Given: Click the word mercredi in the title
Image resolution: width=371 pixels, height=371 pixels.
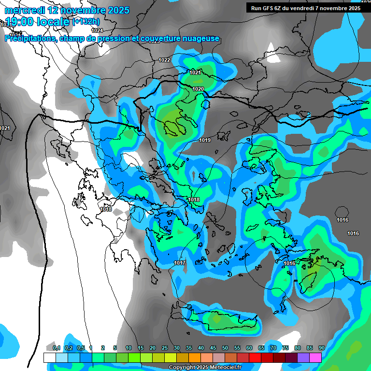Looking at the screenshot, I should coord(24,10).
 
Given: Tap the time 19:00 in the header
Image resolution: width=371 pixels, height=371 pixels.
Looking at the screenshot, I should coord(22,21).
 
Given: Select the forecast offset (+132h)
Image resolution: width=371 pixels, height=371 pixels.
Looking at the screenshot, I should coord(86,21).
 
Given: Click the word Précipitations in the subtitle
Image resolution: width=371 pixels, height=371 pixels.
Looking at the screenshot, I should coord(29,39).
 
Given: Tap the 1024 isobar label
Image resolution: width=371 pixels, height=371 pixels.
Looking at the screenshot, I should coord(97,30).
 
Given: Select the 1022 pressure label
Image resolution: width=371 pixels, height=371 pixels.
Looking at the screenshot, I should coord(164,60).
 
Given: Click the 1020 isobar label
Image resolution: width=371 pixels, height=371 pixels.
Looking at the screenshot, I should coord(198,89).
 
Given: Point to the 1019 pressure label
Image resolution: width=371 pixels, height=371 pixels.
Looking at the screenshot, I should coord(205,140).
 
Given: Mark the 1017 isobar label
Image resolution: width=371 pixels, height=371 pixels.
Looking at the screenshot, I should coord(180,263).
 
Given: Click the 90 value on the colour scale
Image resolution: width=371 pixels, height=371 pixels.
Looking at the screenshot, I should coord(321,348).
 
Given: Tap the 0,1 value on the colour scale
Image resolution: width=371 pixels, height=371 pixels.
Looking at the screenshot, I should coord(57,348).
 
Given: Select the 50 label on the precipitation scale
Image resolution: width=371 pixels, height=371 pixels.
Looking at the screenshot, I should coord(225,348).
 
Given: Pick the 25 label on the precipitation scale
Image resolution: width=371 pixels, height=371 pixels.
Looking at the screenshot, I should coord(165,348).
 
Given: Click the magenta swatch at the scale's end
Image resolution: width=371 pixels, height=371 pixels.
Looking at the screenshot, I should coord(315,357).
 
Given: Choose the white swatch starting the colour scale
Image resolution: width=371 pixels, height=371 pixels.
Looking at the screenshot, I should coord(49,357).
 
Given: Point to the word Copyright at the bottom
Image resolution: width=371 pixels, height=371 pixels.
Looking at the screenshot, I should coord(182,368).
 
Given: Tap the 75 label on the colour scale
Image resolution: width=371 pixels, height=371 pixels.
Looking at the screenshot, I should coord(285,348).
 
